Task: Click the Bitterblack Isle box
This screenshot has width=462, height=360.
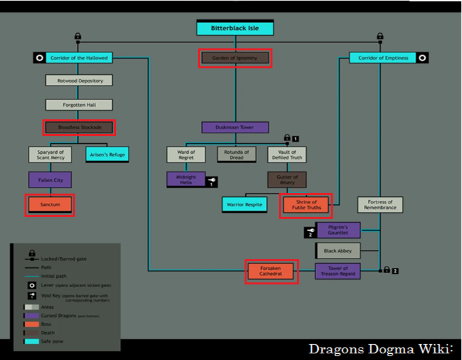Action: (x=235, y=29)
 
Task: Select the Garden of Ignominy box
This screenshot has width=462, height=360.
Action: (x=235, y=58)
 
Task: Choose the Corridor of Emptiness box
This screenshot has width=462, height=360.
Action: (x=383, y=58)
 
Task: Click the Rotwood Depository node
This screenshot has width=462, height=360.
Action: (x=79, y=80)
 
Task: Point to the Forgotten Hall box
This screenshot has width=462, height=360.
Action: (x=79, y=104)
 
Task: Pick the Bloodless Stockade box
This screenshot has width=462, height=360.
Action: (x=79, y=127)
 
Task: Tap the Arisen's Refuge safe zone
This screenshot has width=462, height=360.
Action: (x=106, y=154)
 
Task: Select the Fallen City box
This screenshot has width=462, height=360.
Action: (x=50, y=179)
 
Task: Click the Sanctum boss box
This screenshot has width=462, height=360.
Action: (x=50, y=205)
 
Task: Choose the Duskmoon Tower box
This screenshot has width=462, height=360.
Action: (x=235, y=127)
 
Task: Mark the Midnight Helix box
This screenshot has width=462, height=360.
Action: (x=186, y=179)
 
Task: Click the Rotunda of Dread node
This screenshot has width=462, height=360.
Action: (x=236, y=154)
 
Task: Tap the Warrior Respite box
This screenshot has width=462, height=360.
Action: (x=244, y=205)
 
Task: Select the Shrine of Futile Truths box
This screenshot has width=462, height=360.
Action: (x=306, y=206)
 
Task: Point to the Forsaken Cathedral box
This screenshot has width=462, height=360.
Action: (x=271, y=271)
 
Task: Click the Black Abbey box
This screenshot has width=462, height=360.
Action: (x=338, y=251)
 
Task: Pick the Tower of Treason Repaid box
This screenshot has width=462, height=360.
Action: (x=338, y=271)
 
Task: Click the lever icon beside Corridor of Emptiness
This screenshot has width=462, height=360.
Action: (x=422, y=58)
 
